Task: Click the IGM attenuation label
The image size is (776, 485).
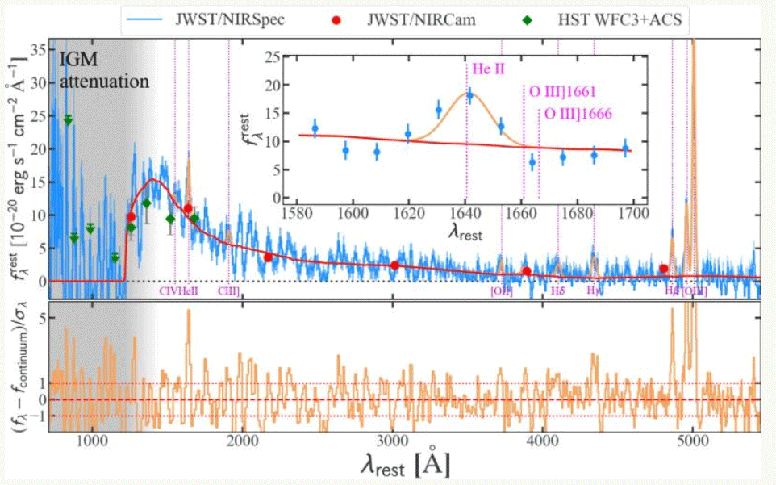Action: tap(102, 70)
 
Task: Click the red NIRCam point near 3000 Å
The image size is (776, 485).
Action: tap(394, 265)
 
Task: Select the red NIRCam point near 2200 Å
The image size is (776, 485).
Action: tap(268, 257)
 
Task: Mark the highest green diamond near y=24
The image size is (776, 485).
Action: tap(69, 120)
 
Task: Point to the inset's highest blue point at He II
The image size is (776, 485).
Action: tap(469, 96)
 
